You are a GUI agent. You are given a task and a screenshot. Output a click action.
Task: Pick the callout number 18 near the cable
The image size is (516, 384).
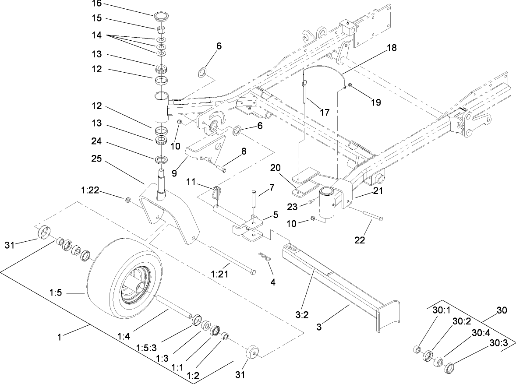pyautogui.click(x=391, y=48)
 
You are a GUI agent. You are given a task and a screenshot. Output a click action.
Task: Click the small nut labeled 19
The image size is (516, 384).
pyautogui.click(x=350, y=91)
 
